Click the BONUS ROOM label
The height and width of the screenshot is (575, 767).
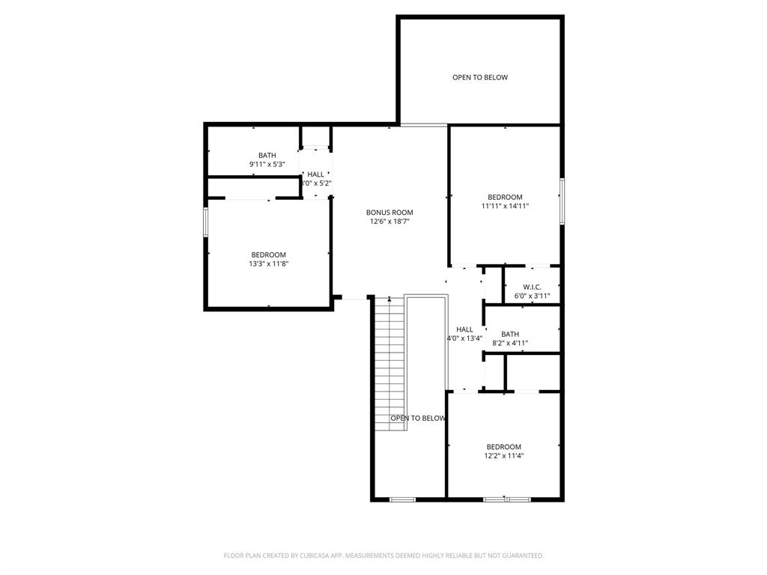pos(389,213)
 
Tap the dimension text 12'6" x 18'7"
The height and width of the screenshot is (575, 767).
pos(389,222)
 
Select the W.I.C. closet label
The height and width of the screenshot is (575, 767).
pos(532,287)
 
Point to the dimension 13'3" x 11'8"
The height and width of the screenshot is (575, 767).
pos(268,264)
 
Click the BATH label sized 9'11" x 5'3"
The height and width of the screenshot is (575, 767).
pos(267,155)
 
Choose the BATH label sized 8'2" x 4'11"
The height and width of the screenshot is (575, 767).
pos(510,334)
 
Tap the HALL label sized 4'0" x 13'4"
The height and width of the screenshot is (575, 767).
pos(464,329)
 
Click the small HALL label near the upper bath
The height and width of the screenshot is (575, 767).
pos(315,174)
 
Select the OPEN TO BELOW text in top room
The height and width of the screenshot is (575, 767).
pos(480,77)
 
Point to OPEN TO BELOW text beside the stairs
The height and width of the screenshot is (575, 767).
pos(417,419)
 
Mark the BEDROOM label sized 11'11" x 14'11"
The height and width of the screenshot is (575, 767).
pos(505,197)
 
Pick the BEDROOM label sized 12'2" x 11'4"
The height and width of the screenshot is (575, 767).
pos(503,447)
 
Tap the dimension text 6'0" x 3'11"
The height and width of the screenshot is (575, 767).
pos(532,296)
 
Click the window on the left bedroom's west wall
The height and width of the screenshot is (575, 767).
pos(206,222)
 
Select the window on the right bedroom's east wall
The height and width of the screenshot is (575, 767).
pos(562,200)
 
